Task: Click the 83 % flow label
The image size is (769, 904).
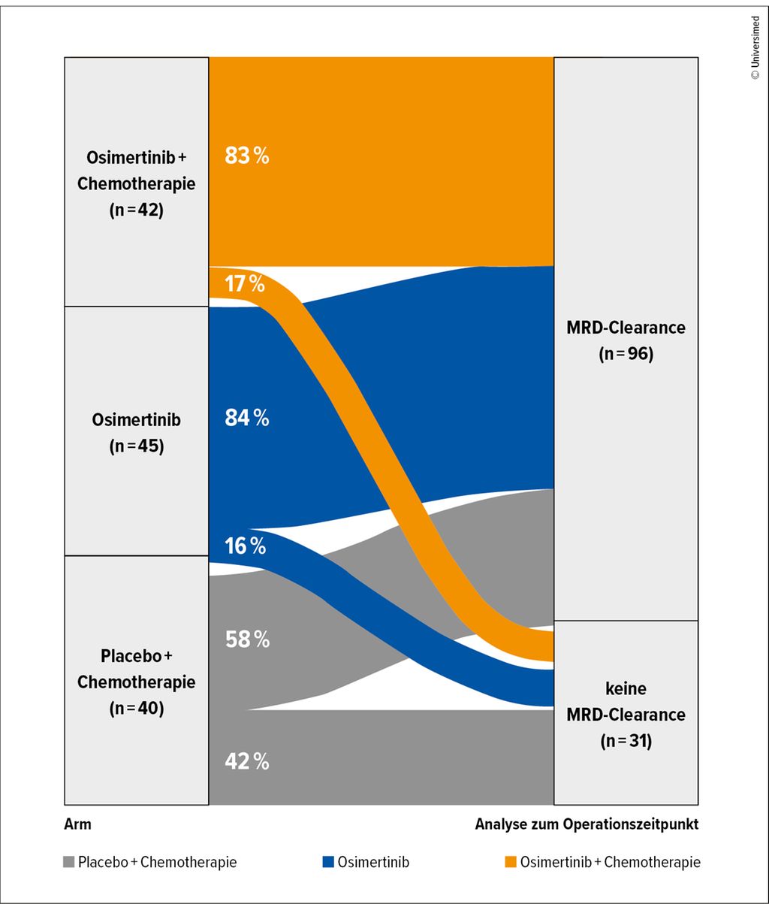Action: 247,156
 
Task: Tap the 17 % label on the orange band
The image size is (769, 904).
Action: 245,284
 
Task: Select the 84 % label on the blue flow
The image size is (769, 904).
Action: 247,419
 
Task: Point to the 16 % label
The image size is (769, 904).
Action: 245,546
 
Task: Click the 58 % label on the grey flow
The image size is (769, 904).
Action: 247,639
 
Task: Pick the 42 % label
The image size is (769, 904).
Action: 247,761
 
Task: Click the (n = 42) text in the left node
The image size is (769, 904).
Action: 136,210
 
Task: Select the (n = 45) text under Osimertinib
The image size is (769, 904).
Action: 136,446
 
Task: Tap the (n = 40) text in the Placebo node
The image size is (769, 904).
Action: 136,708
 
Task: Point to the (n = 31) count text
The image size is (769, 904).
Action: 626,740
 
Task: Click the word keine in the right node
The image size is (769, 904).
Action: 626,688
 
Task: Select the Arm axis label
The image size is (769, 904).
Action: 77,824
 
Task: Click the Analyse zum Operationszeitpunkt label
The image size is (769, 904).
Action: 587,824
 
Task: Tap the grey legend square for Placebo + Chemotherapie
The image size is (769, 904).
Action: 69,863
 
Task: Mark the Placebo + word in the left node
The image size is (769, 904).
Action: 136,655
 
